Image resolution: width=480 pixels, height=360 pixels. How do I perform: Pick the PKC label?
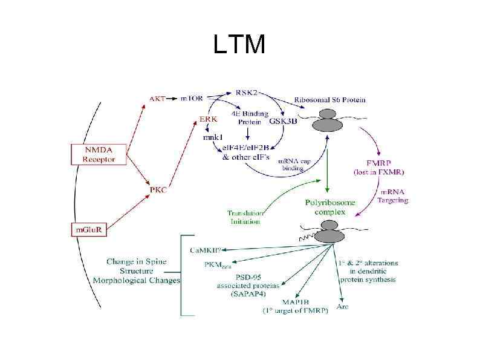158,189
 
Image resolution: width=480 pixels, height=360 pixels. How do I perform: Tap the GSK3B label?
282,121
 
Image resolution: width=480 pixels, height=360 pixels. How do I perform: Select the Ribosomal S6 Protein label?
329,99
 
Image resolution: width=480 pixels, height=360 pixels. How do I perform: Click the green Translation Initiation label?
244,217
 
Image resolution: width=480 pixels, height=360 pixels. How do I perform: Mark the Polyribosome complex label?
329,207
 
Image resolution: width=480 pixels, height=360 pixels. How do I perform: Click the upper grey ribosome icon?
329,120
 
